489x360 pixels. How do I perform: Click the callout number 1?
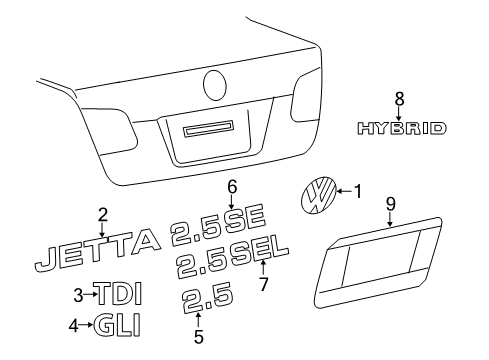(358, 192)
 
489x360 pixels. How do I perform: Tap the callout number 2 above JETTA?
(103, 215)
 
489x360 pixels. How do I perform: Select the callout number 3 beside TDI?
(78, 295)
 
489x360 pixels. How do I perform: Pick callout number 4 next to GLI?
(73, 325)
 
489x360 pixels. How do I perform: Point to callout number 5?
(199, 337)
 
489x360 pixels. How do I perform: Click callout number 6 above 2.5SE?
(232, 187)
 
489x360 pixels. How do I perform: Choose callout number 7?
(264, 284)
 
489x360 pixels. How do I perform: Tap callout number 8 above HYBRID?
(399, 99)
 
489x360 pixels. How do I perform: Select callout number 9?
(391, 204)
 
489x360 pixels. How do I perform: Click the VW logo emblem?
(318, 194)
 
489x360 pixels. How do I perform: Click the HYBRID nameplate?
(402, 128)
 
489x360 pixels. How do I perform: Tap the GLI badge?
(117, 325)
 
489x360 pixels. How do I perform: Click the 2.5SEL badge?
(232, 258)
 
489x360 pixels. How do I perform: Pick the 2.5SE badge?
(218, 225)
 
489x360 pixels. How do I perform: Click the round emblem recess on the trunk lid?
(215, 85)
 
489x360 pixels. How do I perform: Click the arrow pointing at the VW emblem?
(344, 192)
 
